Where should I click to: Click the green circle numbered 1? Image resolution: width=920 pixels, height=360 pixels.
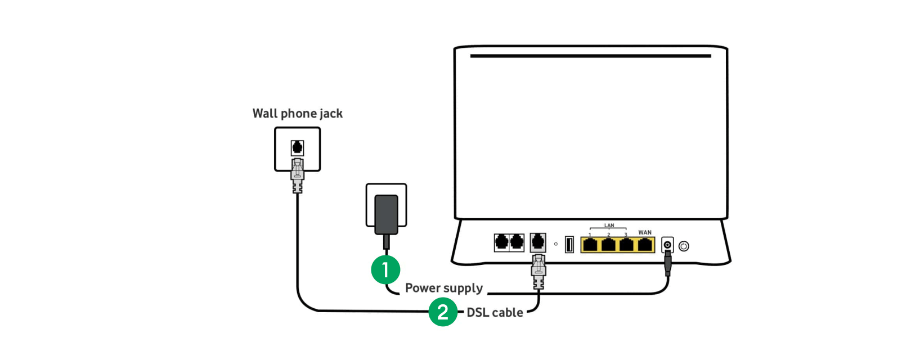385,270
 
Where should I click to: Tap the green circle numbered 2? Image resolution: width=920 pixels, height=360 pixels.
443,312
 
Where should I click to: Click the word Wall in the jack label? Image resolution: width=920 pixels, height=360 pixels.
264,114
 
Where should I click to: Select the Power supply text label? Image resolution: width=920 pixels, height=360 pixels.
443,288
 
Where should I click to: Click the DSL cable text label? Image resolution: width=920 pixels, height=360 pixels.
495,313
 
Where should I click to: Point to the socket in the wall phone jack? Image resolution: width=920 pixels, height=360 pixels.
297,148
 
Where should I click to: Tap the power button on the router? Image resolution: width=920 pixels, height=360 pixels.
684,246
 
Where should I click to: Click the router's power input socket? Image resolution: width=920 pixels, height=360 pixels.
667,245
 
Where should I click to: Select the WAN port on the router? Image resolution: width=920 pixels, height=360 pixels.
645,245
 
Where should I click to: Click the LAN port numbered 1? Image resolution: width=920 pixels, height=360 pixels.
590,245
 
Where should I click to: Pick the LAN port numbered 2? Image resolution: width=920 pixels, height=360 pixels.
608,245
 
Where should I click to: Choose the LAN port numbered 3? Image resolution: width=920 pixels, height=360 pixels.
626,245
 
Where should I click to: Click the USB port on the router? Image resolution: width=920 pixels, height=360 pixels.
569,245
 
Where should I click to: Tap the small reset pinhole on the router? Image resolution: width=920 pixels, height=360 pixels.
556,244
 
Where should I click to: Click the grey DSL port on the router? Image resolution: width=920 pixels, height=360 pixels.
538,242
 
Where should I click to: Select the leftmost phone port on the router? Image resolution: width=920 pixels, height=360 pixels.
501,242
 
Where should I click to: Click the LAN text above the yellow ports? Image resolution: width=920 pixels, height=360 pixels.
609,226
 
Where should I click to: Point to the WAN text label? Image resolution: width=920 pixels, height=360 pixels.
645,232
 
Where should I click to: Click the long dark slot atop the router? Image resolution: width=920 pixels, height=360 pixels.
590,56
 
